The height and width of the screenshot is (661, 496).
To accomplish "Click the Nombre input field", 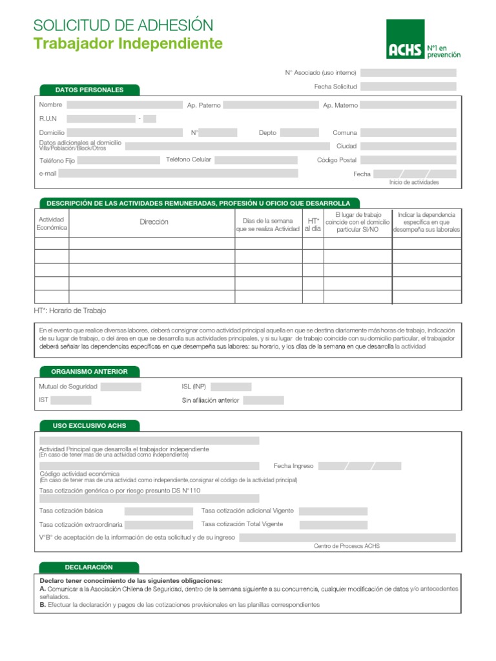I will coord(125,105).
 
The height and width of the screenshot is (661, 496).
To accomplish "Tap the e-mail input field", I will coord(178,174).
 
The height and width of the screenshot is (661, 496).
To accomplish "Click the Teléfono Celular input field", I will coord(256,159).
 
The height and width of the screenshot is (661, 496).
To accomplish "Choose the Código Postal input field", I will coord(408,159).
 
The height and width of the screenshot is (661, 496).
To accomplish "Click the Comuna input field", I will coord(408,132).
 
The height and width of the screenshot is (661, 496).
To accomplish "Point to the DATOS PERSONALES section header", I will coord(89,90).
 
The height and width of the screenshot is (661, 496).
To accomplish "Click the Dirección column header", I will coord(154,222).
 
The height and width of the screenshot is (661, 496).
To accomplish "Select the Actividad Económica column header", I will coord(52,223).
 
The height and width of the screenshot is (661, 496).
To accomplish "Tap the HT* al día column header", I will coord(313,225).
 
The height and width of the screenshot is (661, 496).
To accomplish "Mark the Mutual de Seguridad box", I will coord(121,387).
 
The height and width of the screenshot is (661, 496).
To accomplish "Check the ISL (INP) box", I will coord(231,387).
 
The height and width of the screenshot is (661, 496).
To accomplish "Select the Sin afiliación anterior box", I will coord(263,400).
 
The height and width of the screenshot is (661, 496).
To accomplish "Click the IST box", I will coord(71,400).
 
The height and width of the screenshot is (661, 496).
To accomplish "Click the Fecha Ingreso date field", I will coord(360,466).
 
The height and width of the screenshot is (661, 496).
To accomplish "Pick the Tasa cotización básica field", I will coord(158,511).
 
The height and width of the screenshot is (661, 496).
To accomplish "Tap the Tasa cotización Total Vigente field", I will coord(333,525).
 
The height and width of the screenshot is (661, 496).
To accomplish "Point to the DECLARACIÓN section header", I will coord(89,567).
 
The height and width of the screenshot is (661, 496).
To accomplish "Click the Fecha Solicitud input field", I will coord(408,86).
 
